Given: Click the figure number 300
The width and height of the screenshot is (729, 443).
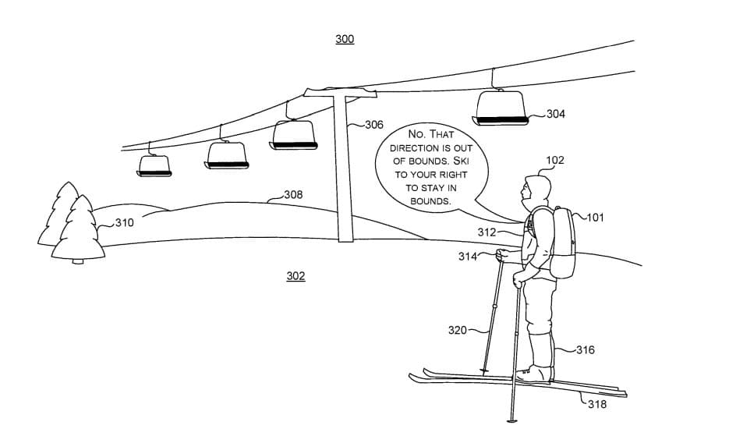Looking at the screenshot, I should (x=345, y=39).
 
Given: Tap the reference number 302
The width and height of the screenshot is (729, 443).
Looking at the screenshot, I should (x=295, y=276).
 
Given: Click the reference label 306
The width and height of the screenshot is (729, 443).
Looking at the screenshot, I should (x=374, y=125).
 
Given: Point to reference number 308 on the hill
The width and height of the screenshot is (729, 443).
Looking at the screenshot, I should (x=293, y=194).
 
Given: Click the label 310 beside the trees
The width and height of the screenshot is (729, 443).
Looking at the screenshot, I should (x=125, y=222).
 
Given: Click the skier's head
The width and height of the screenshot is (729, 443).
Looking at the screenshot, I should (x=536, y=189).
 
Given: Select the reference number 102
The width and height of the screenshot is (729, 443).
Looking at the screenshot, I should (x=555, y=161).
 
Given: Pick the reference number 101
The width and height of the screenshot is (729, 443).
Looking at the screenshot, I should (x=595, y=218).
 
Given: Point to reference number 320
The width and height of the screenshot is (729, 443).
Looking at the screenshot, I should (x=457, y=330).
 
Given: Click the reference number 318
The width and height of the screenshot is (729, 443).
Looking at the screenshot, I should (x=597, y=404).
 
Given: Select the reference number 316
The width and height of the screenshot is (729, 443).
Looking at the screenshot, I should (x=586, y=349).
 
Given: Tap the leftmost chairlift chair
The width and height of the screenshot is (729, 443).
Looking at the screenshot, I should (x=154, y=165).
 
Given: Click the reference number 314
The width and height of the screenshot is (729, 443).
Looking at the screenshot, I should (x=467, y=257).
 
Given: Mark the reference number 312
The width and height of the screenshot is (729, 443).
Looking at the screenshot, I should (x=487, y=232).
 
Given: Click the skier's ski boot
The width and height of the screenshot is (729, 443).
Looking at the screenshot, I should (x=537, y=373).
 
